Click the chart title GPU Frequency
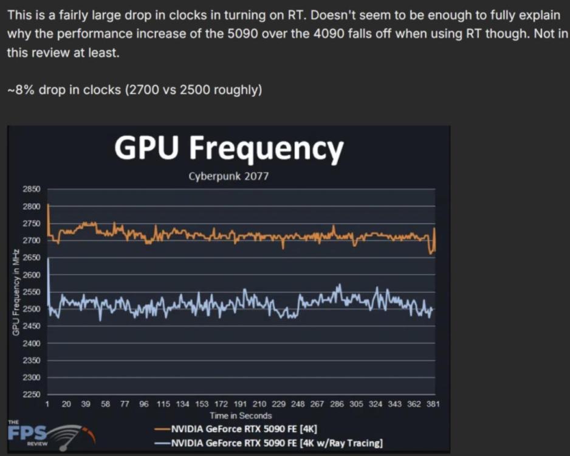coord(229,148)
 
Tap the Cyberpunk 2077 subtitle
coord(228,177)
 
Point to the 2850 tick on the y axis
coord(32,189)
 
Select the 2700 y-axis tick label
coord(32,241)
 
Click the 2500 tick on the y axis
coord(32,309)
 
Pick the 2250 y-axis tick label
coord(32,395)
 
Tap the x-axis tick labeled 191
coord(240,404)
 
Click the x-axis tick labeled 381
coord(433,404)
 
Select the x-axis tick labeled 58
coord(105,404)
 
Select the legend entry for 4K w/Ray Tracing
coord(269,443)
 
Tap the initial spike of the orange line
coord(49,207)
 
